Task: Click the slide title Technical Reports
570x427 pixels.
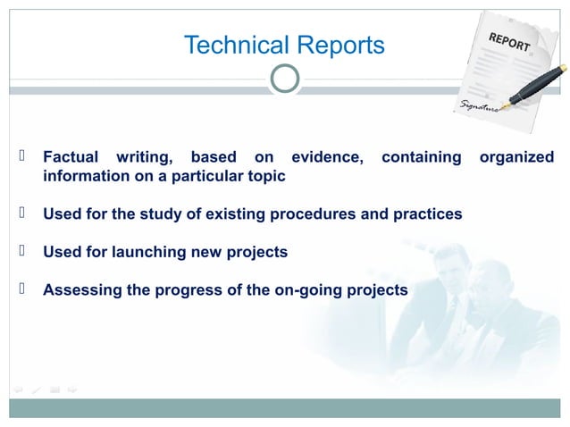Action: pyautogui.click(x=284, y=45)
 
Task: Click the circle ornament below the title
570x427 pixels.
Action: pyautogui.click(x=285, y=79)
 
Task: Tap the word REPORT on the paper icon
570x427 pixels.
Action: pyautogui.click(x=509, y=41)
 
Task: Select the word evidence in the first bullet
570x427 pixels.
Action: pyautogui.click(x=323, y=157)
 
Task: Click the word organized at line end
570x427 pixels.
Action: pyautogui.click(x=516, y=157)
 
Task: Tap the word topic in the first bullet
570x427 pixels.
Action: pyautogui.click(x=265, y=176)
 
